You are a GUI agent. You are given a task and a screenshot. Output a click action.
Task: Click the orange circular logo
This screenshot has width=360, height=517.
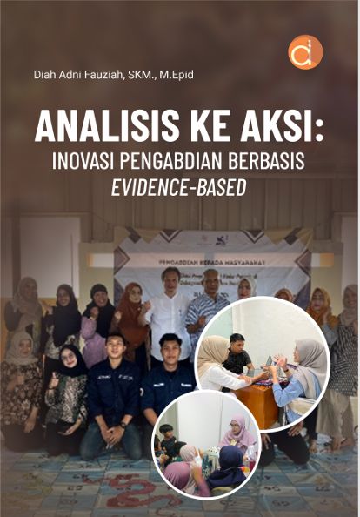click(x=305, y=52)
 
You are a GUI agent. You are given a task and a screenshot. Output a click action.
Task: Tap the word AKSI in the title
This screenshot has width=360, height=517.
click(x=280, y=128)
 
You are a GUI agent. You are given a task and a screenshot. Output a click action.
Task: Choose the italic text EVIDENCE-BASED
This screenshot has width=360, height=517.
click(x=180, y=186)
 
